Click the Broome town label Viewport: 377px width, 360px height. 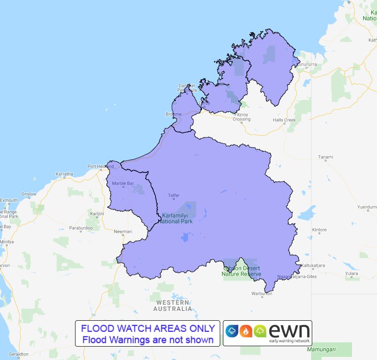pos(173,114)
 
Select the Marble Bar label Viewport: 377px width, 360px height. pos(123,183)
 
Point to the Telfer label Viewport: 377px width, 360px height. pos(173,195)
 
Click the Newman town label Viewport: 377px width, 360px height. pos(122,232)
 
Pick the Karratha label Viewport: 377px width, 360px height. pos(64,174)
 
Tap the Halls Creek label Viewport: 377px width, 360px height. pos(284,120)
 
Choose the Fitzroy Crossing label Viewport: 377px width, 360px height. pos(242,117)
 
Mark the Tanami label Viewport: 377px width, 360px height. pos(325,157)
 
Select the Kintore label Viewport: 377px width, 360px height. pos(319,230)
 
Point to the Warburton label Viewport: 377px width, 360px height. pos(261,294)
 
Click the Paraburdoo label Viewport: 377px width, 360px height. pos(81,228)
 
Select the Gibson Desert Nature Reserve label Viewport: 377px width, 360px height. pos(242,271)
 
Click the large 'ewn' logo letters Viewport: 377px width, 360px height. pos(289,330)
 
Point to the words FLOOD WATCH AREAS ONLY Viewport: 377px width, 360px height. pos(148,328)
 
